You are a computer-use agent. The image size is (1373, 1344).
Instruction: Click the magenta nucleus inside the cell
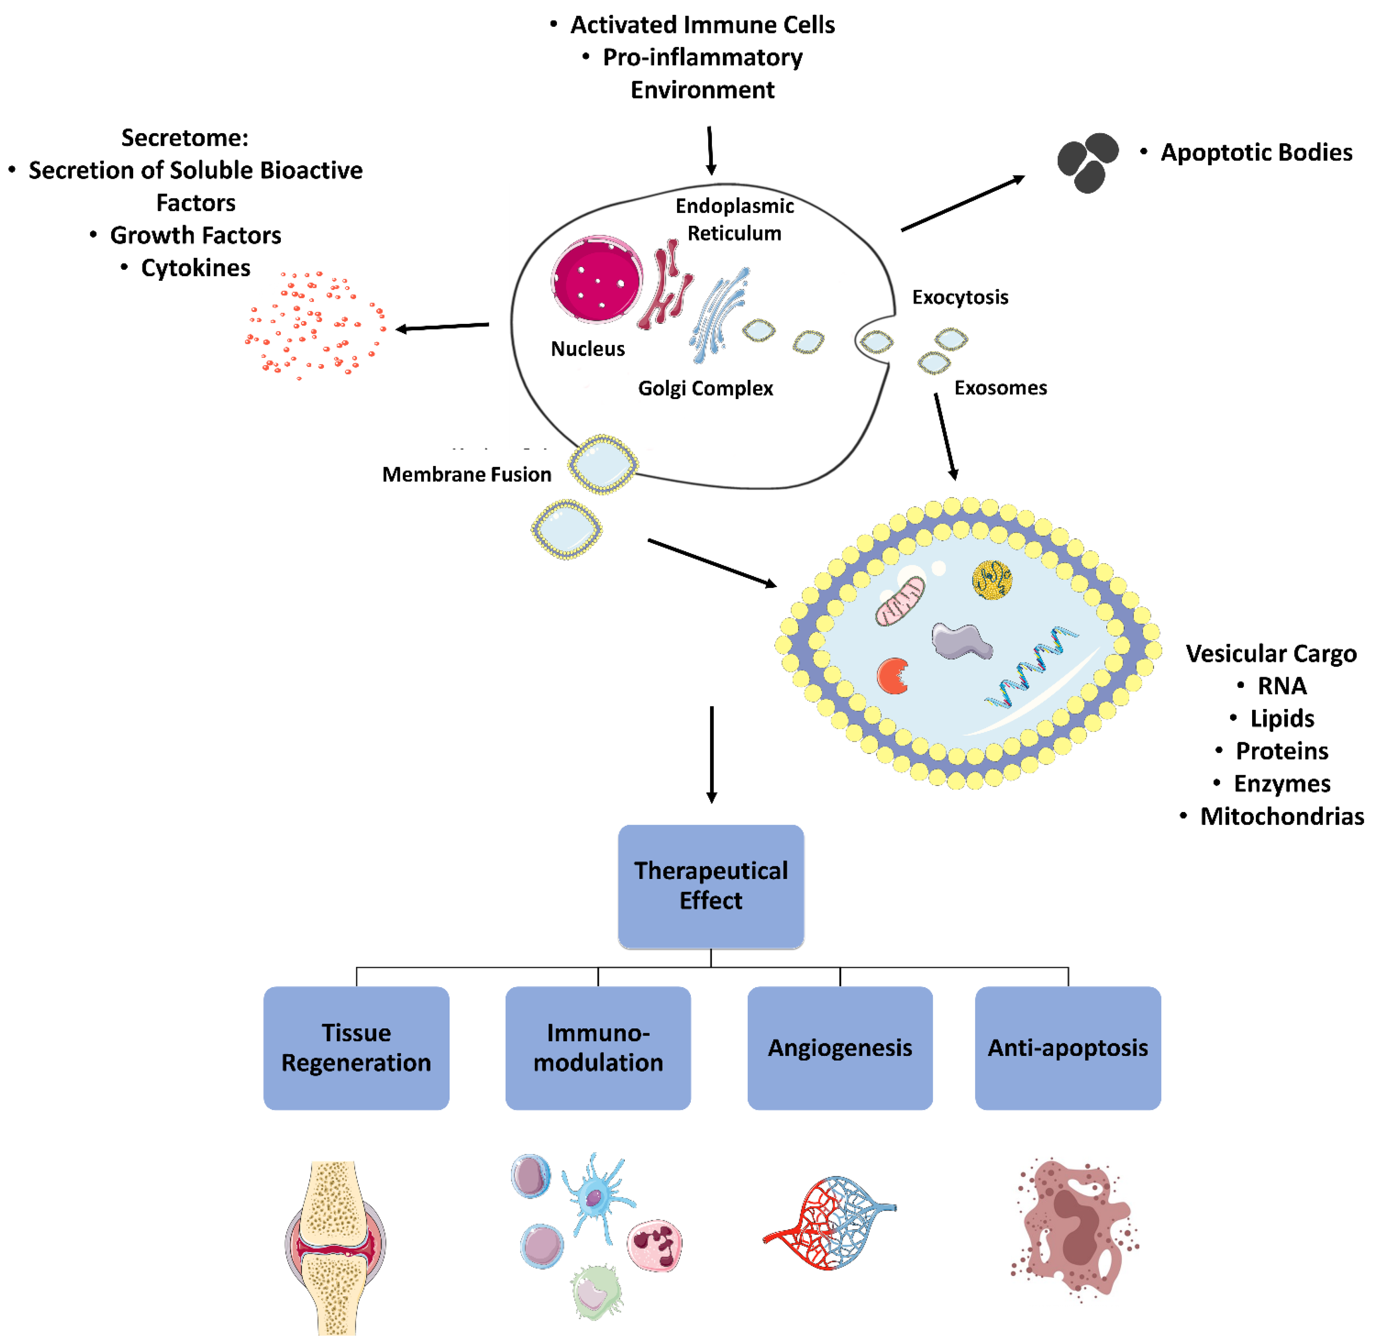pyautogui.click(x=597, y=279)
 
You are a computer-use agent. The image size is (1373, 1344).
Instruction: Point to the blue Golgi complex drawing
pyautogui.click(x=717, y=314)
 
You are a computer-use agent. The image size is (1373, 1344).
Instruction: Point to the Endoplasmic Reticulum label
pyautogui.click(x=734, y=220)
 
